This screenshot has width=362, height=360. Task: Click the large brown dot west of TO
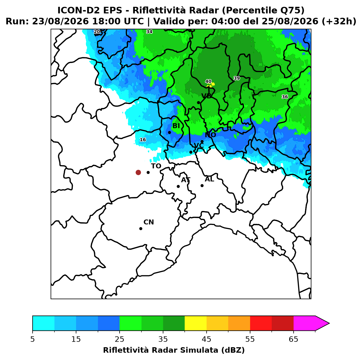(x=138, y=172)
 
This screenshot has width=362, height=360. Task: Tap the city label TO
(x=156, y=166)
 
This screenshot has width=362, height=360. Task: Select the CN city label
(x=148, y=222)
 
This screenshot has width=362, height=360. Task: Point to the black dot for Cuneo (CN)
(x=141, y=228)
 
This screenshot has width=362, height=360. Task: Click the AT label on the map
(x=186, y=180)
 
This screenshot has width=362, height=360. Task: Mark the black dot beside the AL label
(x=202, y=185)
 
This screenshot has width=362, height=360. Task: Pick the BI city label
(x=176, y=126)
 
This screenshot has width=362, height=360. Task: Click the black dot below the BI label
(x=169, y=132)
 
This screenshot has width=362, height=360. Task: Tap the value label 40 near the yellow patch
(x=208, y=81)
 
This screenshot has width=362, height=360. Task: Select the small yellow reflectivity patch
(x=211, y=85)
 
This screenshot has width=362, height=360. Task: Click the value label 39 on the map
(x=236, y=78)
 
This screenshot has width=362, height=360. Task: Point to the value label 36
(x=285, y=97)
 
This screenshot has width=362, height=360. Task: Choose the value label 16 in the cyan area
(x=143, y=140)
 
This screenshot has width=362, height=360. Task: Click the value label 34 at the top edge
(x=149, y=32)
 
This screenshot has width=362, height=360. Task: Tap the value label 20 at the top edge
(x=97, y=32)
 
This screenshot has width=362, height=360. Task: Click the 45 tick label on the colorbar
(x=206, y=339)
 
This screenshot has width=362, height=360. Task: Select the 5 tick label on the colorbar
(x=33, y=339)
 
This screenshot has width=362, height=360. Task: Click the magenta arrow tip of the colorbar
(x=329, y=323)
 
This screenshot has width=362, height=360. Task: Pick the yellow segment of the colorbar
(x=195, y=323)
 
